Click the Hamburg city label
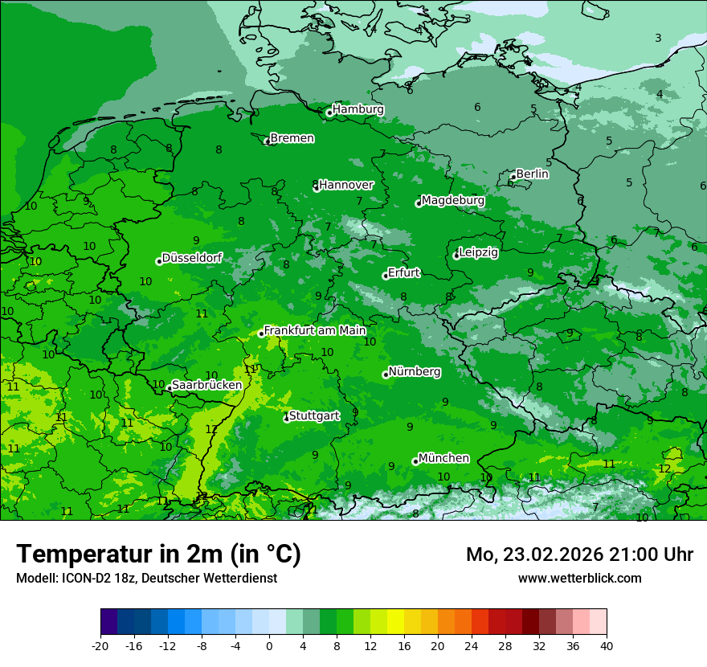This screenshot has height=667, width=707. click(x=358, y=109)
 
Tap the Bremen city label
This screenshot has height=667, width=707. click(x=292, y=138)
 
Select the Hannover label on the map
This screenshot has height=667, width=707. click(x=346, y=185)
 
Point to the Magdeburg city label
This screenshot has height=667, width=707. click(x=452, y=200)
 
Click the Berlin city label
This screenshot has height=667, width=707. click(x=532, y=174)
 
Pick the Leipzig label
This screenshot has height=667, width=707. click(x=478, y=252)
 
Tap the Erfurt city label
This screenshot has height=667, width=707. click(x=403, y=272)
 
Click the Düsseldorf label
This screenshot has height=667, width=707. click(x=192, y=258)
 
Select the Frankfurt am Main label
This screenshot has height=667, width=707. click(x=315, y=330)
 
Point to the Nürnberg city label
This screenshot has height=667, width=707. click(x=414, y=372)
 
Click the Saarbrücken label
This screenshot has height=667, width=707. click(x=206, y=385)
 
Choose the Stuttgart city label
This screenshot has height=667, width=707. click(x=313, y=415)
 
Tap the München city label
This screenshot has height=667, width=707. click(x=443, y=458)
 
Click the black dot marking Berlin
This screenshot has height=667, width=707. click(x=513, y=177)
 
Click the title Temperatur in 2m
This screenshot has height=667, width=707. click(x=158, y=554)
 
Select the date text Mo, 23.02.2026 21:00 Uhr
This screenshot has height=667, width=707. click(x=579, y=554)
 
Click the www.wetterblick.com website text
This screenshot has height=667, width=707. click(x=579, y=578)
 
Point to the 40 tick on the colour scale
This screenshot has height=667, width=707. click(x=606, y=645)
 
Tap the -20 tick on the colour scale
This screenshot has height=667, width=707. click(x=100, y=645)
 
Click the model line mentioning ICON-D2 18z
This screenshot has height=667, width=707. click(x=146, y=578)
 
